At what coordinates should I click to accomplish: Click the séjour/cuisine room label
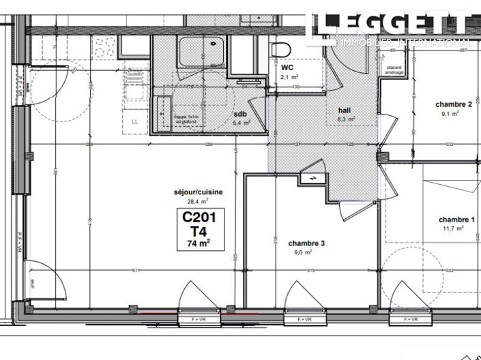click(198, 192)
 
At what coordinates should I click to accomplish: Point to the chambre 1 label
click(456, 220)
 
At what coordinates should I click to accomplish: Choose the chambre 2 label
click(454, 104)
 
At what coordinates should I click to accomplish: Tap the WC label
click(287, 68)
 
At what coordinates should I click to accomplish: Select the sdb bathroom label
click(240, 114)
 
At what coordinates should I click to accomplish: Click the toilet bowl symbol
click(279, 50)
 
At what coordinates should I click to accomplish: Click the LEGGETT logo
click(392, 25)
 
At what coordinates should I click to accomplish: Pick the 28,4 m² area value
click(199, 201)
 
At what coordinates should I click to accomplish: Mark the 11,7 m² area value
click(453, 229)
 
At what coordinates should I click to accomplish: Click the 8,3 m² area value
click(346, 119)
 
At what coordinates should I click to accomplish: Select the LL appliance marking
click(134, 121)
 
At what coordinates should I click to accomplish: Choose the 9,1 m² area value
click(450, 114)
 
